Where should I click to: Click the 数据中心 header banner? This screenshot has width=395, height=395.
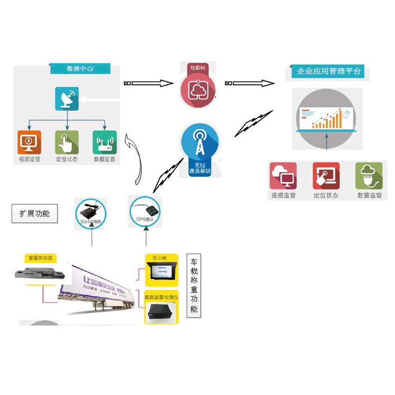tap(80, 68)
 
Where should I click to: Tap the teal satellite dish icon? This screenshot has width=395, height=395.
tap(67, 98)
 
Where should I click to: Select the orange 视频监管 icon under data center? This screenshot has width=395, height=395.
tap(28, 142)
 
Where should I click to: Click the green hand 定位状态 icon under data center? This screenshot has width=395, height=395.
tap(67, 142)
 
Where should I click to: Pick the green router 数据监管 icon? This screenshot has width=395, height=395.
tap(104, 142)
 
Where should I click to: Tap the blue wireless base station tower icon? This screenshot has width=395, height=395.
tap(199, 143)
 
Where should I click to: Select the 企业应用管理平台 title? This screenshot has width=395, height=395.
tap(329, 71)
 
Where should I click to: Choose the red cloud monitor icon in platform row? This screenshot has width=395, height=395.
tap(283, 176)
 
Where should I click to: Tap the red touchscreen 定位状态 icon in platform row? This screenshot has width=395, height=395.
tap(326, 176)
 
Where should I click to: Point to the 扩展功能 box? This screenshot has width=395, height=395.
tap(34, 214)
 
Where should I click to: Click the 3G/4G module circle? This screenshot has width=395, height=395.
tap(91, 213)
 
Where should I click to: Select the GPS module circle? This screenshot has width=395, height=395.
tap(146, 212)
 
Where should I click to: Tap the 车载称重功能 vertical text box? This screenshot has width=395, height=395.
tap(194, 285)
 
